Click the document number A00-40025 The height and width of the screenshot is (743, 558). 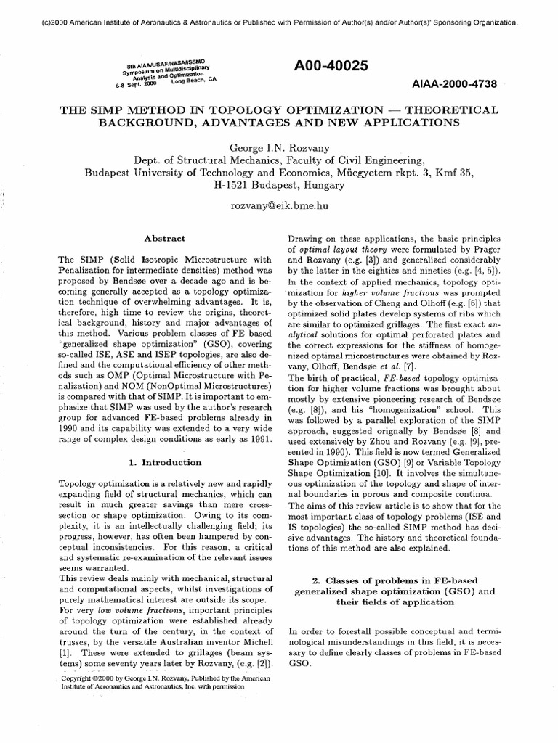[x=331, y=66]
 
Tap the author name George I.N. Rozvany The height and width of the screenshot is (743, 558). [x=278, y=147]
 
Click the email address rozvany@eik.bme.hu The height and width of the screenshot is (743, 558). [x=278, y=206]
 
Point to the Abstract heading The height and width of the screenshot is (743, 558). [x=165, y=238]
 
